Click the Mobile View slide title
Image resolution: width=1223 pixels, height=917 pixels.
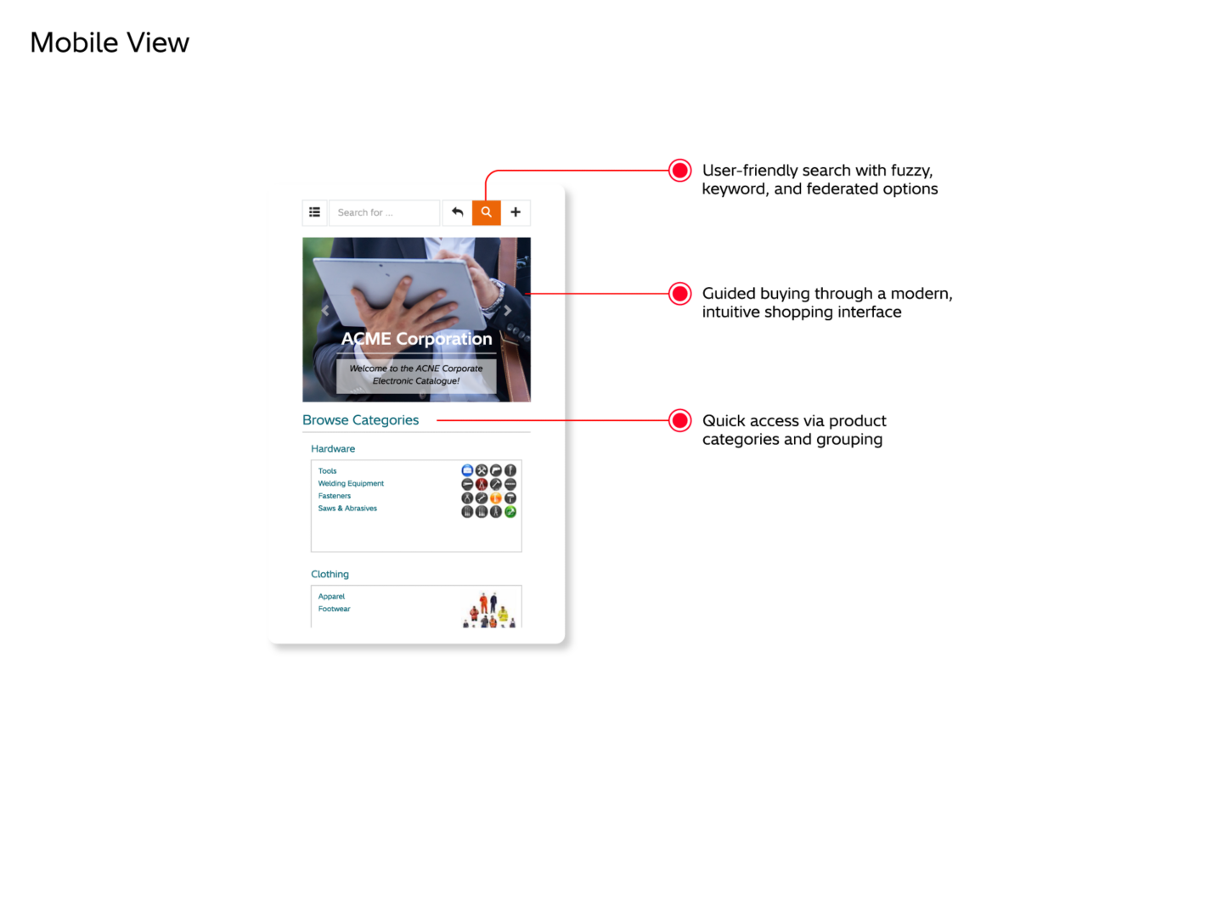(110, 42)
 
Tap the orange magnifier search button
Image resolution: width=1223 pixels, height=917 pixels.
(487, 212)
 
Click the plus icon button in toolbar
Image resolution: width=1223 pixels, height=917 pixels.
(516, 212)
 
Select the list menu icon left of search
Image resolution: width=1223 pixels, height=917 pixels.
(314, 212)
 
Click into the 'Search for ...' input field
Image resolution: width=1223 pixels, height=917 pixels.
(384, 212)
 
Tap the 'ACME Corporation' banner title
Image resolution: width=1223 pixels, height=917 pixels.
(416, 339)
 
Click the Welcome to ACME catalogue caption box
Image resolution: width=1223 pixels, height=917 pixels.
(416, 375)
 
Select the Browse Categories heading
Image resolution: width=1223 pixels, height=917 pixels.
(360, 420)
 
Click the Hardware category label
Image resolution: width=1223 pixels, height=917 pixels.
(333, 449)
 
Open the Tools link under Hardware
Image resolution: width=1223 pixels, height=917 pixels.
(327, 471)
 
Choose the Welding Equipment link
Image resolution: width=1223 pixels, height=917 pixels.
(351, 484)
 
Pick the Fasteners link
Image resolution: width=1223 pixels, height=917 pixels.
(334, 496)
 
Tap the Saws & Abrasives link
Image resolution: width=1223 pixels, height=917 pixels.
(347, 509)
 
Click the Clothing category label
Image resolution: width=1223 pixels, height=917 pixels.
(330, 575)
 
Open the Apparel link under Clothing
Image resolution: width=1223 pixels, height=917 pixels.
(331, 597)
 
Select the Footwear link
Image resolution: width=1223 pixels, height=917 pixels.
(334, 609)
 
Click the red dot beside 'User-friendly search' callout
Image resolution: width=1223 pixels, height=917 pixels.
(680, 171)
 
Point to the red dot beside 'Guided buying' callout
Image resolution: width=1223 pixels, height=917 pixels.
(680, 294)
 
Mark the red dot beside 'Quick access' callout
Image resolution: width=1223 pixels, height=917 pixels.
(680, 420)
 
